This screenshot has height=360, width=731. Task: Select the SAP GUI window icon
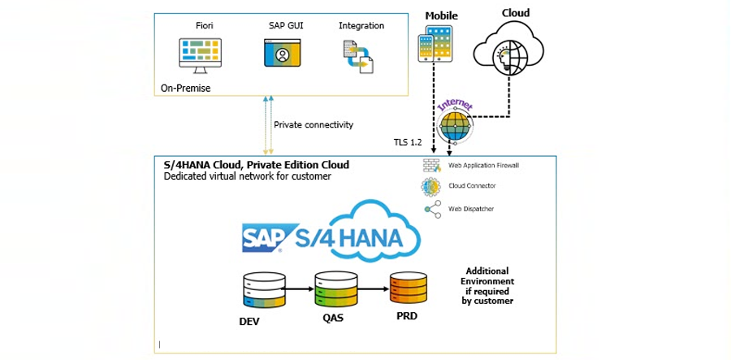click(282, 53)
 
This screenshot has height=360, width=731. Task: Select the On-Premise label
click(185, 88)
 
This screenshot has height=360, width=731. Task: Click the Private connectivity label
click(314, 125)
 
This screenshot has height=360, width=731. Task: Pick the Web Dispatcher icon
click(431, 209)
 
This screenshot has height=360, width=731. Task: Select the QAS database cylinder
click(334, 288)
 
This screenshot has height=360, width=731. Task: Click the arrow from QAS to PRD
click(371, 288)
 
